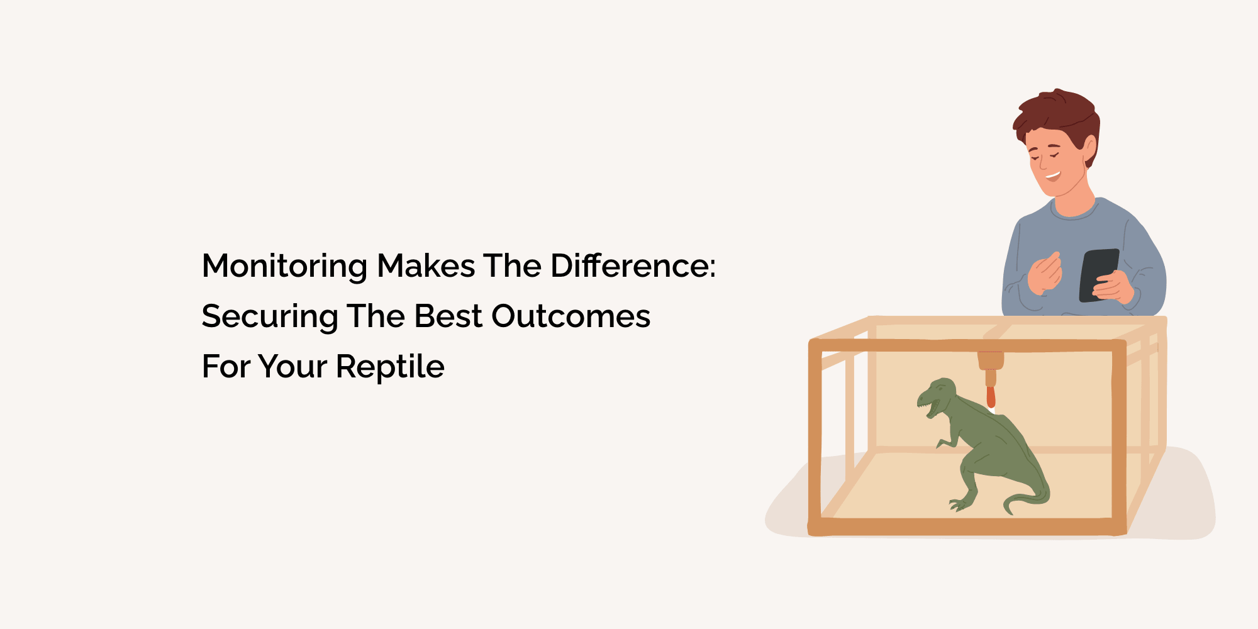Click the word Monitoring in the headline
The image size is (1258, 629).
click(x=284, y=267)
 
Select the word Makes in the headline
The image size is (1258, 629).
click(x=426, y=265)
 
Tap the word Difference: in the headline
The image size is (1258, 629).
click(x=633, y=265)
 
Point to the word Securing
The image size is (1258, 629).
click(x=269, y=317)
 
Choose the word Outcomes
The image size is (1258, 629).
click(x=571, y=316)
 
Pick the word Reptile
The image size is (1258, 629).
click(x=390, y=367)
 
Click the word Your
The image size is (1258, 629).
click(x=292, y=367)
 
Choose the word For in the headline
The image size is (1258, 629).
click(x=225, y=367)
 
